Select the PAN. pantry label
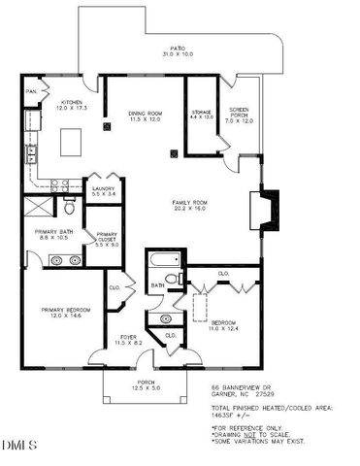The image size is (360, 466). click(x=31, y=93)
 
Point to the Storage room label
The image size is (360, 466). click(x=201, y=114)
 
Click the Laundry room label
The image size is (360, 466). click(x=101, y=191)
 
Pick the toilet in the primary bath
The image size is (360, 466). click(x=70, y=208)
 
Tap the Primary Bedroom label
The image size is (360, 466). click(x=59, y=314)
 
